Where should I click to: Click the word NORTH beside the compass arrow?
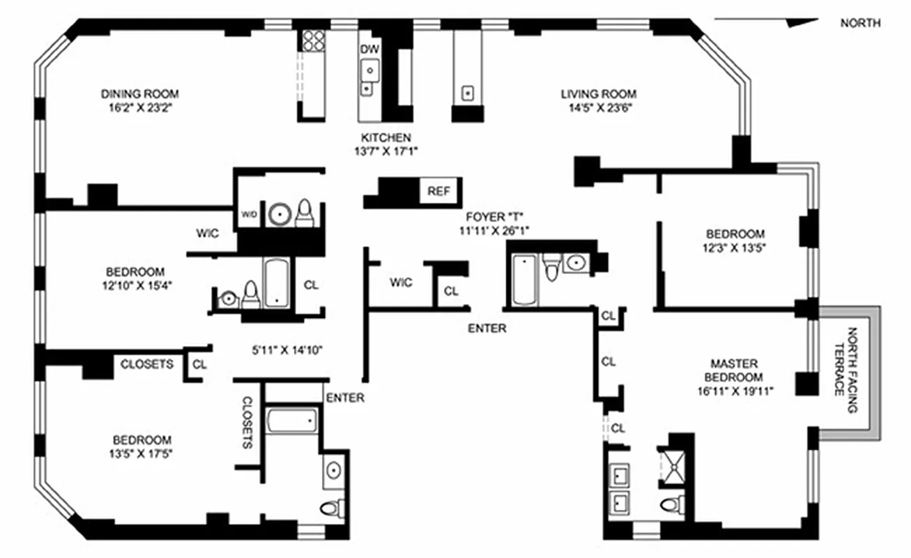pyautogui.click(x=860, y=23)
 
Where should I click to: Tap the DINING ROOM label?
pyautogui.click(x=140, y=93)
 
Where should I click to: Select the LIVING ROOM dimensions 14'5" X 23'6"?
pyautogui.click(x=598, y=108)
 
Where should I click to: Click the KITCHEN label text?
pyautogui.click(x=385, y=137)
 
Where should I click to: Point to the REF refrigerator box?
pyautogui.click(x=438, y=191)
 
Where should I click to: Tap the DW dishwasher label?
pyautogui.click(x=369, y=49)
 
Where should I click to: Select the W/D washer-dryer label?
pyautogui.click(x=249, y=215)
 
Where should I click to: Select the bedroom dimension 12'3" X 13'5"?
pyautogui.click(x=735, y=248)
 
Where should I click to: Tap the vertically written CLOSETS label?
pyautogui.click(x=247, y=423)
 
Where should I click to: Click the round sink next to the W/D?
pyautogui.click(x=280, y=215)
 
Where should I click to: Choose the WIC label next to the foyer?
pyautogui.click(x=401, y=282)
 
